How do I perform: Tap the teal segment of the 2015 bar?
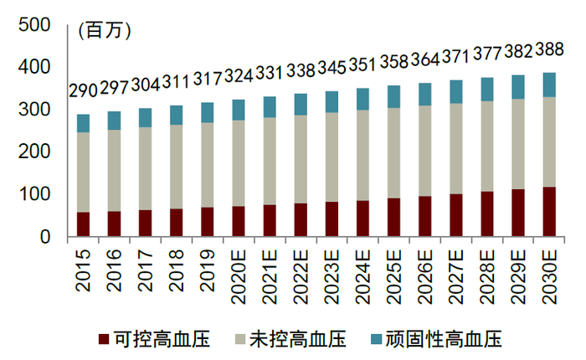click(83, 123)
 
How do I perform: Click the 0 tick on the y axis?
click(46, 237)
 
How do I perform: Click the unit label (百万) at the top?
click(105, 31)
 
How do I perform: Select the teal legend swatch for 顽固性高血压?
click(376, 339)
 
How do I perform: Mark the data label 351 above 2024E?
click(362, 64)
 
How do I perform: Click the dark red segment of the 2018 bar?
click(176, 223)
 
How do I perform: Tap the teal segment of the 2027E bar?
click(455, 91)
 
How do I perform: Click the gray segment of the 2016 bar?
click(114, 170)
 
